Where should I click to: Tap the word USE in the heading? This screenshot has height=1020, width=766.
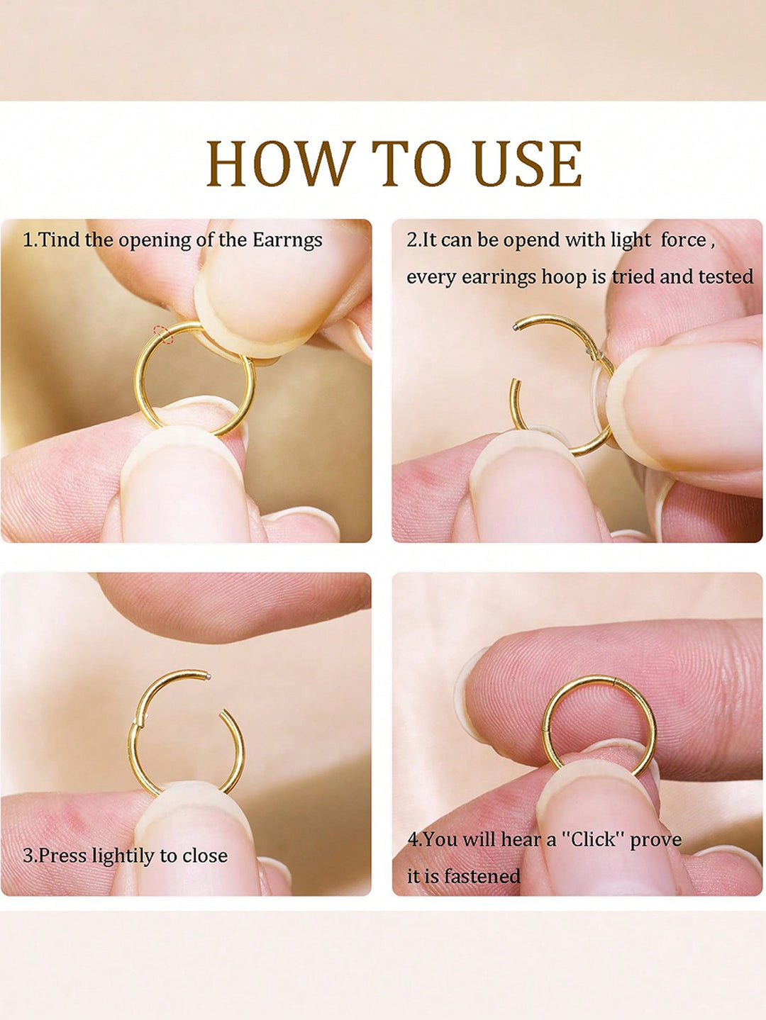pos(527,164)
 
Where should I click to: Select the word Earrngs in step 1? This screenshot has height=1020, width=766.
pos(287,241)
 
